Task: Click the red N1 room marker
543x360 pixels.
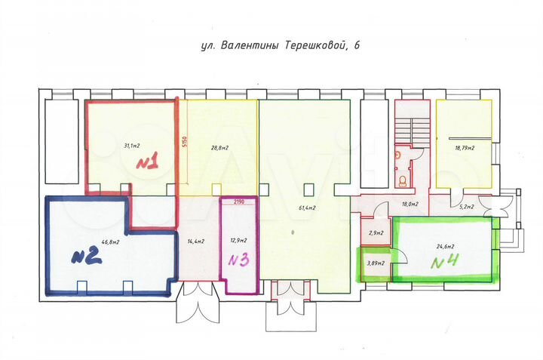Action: (x=147, y=162)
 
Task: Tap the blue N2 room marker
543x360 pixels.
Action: (x=86, y=257)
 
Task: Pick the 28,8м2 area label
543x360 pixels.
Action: (x=219, y=149)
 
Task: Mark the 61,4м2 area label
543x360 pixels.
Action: (x=305, y=208)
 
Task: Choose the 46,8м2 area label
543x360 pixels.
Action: (x=111, y=242)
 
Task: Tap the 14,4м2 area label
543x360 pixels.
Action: (x=197, y=242)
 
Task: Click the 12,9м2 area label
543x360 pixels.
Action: (x=238, y=242)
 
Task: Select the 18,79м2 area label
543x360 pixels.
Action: (x=465, y=149)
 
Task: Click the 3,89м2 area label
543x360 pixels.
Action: (x=375, y=263)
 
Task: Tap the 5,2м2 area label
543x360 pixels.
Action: (x=468, y=205)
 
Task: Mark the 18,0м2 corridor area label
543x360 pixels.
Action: (x=410, y=205)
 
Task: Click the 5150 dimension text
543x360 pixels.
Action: (x=183, y=142)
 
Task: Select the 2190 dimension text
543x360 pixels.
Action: (x=238, y=203)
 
